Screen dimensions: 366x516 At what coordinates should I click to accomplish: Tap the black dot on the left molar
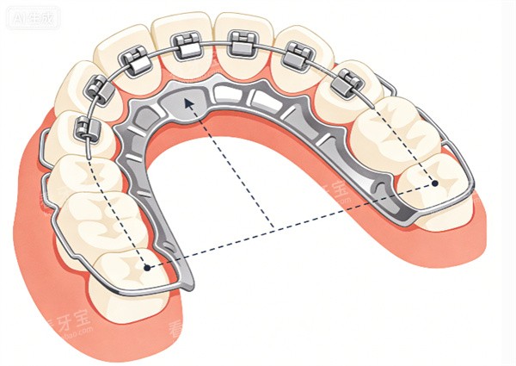[x=147, y=268]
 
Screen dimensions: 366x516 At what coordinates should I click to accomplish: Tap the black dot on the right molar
[x=435, y=183]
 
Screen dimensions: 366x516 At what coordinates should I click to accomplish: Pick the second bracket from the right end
[x=297, y=54]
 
